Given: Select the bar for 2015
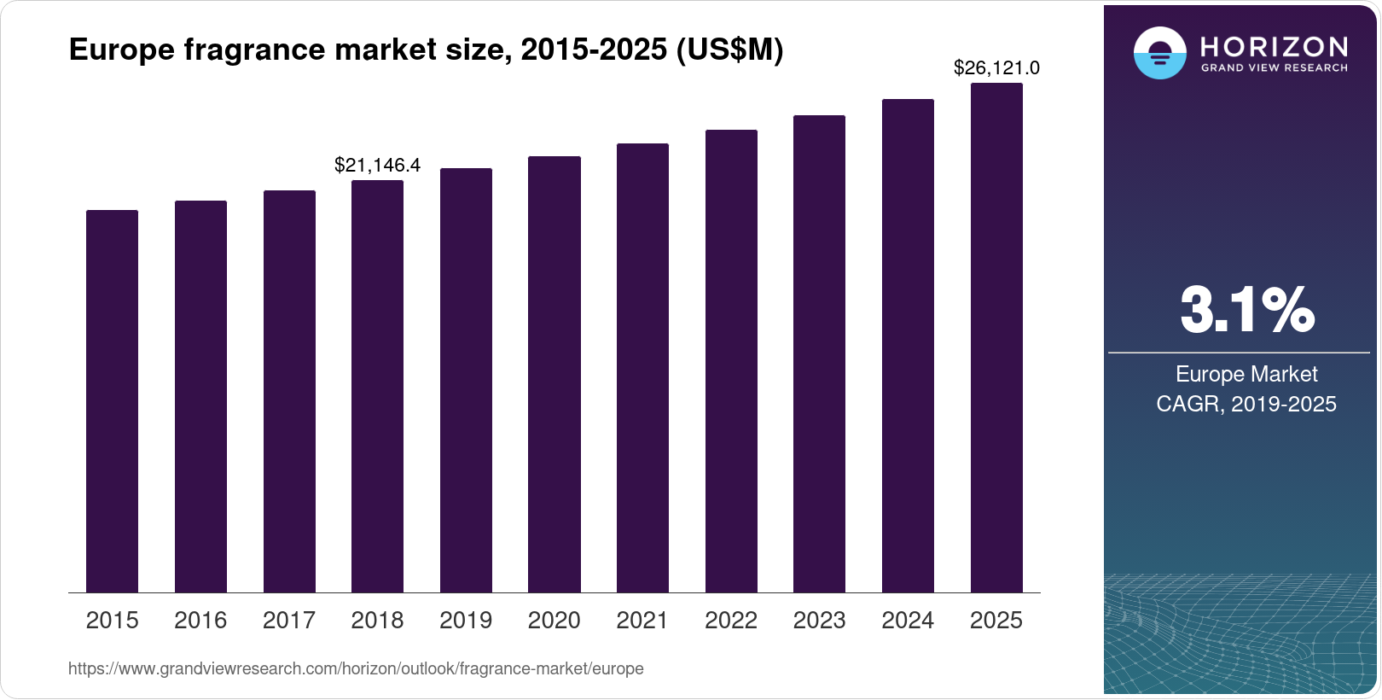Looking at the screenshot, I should [x=112, y=401].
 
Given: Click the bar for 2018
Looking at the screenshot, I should [x=377, y=386].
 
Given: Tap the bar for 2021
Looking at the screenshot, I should [x=642, y=368].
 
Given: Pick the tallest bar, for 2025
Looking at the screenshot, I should [x=996, y=338].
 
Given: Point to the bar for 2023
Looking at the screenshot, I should [x=819, y=353].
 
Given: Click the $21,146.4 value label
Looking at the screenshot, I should [x=377, y=165].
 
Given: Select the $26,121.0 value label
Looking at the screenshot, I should [x=996, y=67].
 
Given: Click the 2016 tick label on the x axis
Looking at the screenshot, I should [x=200, y=620].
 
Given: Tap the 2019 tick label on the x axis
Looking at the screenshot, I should [x=466, y=620].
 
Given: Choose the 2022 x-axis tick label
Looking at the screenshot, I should [x=731, y=620].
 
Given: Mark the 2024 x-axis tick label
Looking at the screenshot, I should [x=908, y=620].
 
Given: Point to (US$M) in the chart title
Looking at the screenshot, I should [x=729, y=50].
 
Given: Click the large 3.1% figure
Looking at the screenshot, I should [x=1246, y=310].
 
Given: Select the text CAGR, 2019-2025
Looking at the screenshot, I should [x=1246, y=404].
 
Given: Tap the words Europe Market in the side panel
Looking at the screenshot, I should [x=1246, y=374].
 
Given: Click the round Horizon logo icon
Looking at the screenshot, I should [x=1159, y=53].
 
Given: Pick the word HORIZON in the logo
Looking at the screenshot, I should [x=1274, y=46].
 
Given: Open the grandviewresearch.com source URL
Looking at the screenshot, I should [x=356, y=668].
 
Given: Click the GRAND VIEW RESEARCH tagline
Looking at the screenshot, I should [x=1274, y=67].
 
